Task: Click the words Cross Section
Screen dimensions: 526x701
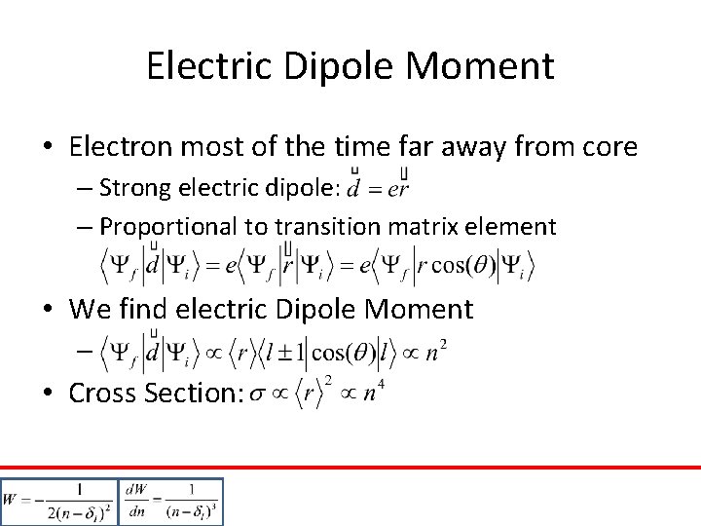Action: pos(156,393)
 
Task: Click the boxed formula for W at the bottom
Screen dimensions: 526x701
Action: pos(58,502)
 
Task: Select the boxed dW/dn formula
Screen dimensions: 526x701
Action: pos(171,502)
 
